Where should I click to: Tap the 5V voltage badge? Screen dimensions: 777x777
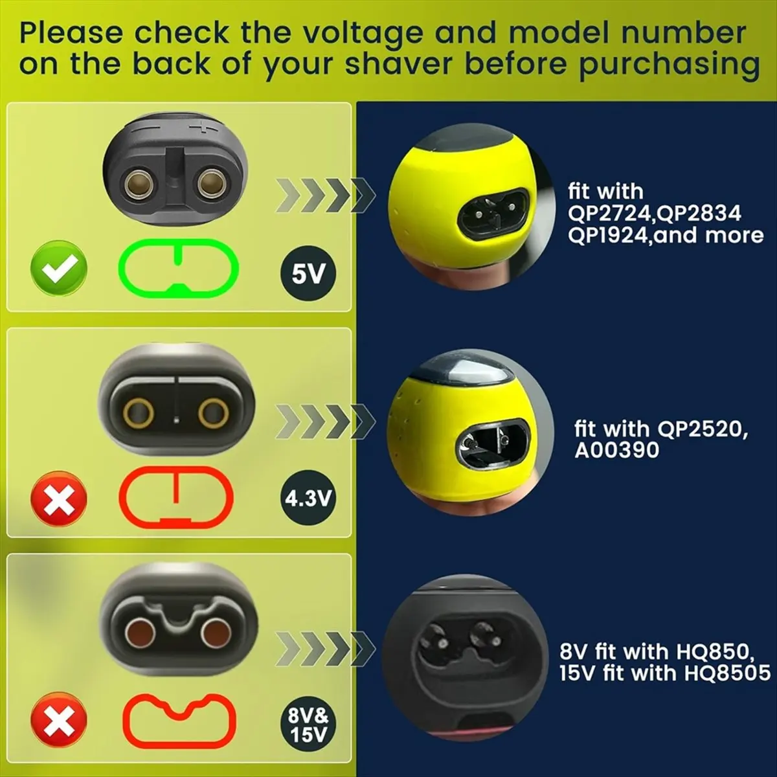tap(308, 274)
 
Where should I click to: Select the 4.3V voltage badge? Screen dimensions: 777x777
tap(308, 498)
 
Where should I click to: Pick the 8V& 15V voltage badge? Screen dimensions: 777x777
tap(309, 726)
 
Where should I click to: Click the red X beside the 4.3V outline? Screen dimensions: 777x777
tap(59, 498)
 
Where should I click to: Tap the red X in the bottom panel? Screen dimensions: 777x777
tap(59, 721)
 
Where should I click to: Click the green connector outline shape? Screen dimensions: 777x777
tap(179, 267)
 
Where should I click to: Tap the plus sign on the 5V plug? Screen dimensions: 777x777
tap(205, 127)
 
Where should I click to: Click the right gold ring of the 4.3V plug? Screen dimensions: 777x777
tap(213, 412)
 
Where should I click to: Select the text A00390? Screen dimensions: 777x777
tap(616, 450)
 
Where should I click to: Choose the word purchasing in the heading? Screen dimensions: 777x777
tap(668, 65)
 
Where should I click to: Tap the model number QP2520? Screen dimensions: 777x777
tap(702, 429)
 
